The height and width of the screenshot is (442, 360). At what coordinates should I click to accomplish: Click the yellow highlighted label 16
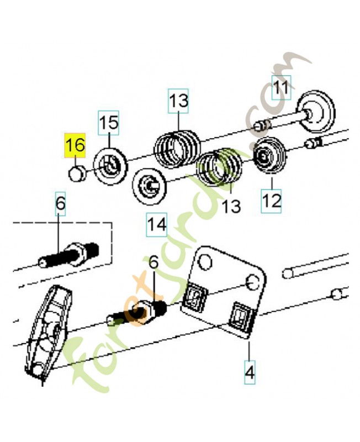point(76,146)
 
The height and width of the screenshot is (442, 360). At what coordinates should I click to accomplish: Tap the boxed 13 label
point(179,101)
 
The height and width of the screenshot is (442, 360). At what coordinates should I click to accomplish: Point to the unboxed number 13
point(231,206)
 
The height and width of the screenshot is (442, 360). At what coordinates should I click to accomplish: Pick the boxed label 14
point(157,224)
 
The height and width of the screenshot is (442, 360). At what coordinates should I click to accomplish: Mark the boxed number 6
point(60,204)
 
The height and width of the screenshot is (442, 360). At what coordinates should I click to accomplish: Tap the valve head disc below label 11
point(316,111)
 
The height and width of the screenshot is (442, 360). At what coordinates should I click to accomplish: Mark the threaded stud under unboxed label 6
point(139,313)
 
